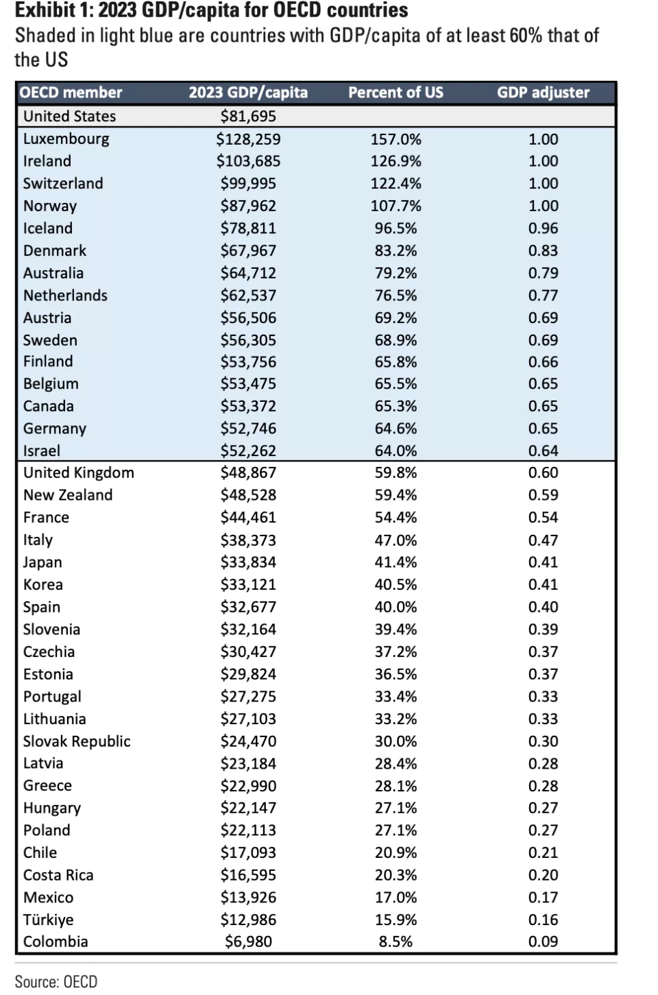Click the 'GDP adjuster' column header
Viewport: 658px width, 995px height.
pyautogui.click(x=543, y=93)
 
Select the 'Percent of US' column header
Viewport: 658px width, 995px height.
pyautogui.click(x=395, y=93)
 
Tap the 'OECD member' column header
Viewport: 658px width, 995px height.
pyautogui.click(x=71, y=93)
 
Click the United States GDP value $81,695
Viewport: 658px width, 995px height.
pyautogui.click(x=248, y=117)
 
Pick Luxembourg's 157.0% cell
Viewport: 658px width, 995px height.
pyautogui.click(x=395, y=139)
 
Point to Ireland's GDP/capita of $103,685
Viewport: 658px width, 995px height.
pyautogui.click(x=248, y=161)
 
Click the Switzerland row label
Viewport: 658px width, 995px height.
pyautogui.click(x=63, y=184)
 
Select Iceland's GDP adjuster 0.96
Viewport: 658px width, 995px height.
pyautogui.click(x=543, y=228)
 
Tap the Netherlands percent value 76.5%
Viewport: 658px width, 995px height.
pyautogui.click(x=395, y=296)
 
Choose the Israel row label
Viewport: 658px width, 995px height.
pyautogui.click(x=41, y=451)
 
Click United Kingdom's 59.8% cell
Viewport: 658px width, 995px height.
pyautogui.click(x=395, y=472)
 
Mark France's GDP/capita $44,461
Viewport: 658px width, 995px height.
pyautogui.click(x=248, y=518)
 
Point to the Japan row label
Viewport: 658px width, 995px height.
pyautogui.click(x=42, y=562)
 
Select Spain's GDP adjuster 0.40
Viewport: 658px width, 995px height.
pyautogui.click(x=543, y=607)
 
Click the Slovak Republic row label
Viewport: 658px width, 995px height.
pyautogui.click(x=77, y=741)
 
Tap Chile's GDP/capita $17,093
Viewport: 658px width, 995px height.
pyautogui.click(x=248, y=853)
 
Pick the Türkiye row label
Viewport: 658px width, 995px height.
pyautogui.click(x=49, y=920)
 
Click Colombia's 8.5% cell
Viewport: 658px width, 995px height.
pyautogui.click(x=395, y=942)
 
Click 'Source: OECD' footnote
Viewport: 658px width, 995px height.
pyautogui.click(x=56, y=981)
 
